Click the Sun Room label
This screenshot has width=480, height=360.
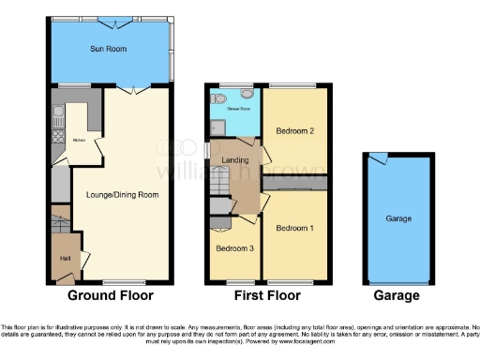tap(108, 48)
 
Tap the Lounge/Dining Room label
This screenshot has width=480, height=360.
tap(122, 195)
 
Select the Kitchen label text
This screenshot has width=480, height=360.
tap(80, 141)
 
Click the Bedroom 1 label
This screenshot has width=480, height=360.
tap(294, 229)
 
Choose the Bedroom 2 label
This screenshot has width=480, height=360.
tap(294, 132)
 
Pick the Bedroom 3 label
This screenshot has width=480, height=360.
tap(234, 249)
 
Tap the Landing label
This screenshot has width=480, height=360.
tap(233, 159)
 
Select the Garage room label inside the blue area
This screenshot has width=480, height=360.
tap(398, 218)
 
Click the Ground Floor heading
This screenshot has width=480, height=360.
tap(106, 295)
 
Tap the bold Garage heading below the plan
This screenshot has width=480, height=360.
tap(397, 295)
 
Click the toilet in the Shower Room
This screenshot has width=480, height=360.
tap(217, 97)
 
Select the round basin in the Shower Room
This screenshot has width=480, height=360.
tap(247, 94)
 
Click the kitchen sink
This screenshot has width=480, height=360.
tap(57, 117)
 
